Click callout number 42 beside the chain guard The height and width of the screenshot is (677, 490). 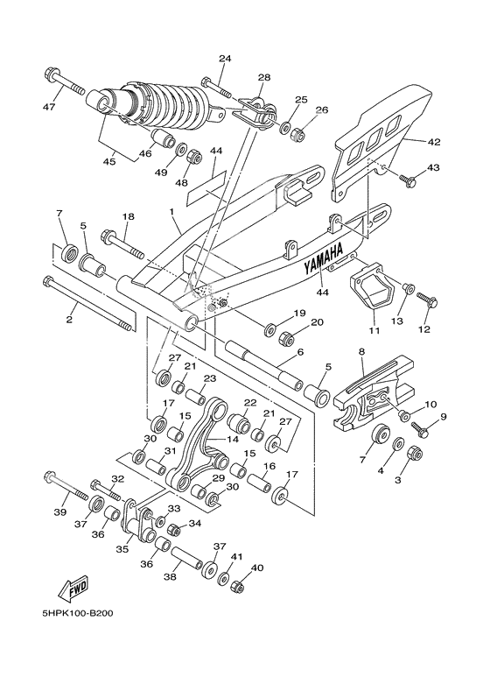tap(434, 141)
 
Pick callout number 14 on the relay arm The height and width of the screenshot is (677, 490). tap(231, 441)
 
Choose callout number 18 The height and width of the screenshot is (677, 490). tap(128, 216)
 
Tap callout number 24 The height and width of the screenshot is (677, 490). tap(225, 59)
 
